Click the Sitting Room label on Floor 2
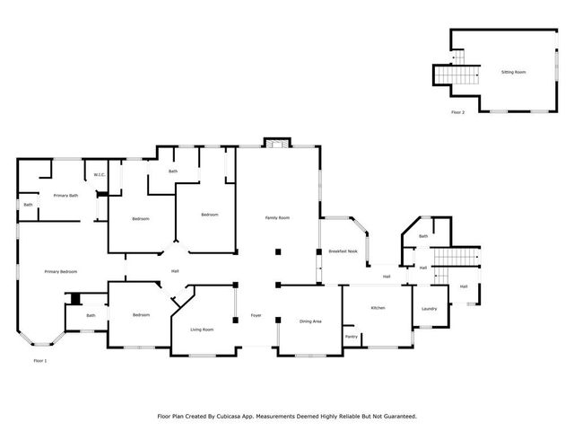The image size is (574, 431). [513, 71]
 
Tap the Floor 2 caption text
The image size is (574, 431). [458, 113]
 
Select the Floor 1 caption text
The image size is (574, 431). [39, 361]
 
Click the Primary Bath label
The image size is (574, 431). [65, 195]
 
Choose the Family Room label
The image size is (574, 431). [276, 217]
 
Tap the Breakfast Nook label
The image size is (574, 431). [343, 251]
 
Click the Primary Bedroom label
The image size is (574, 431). [61, 271]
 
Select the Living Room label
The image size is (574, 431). [202, 330]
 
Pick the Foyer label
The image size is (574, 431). [256, 315]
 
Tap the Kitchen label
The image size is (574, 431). [378, 308]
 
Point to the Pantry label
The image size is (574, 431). [352, 338]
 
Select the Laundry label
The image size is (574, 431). [429, 309]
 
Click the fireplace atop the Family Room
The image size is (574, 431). [276, 143]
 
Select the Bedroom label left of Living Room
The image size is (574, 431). [141, 315]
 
